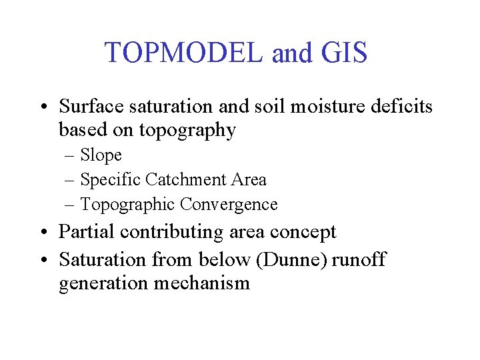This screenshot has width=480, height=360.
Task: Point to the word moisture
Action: click(323, 106)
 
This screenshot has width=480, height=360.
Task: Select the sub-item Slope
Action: click(101, 155)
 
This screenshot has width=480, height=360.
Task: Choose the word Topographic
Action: click(127, 205)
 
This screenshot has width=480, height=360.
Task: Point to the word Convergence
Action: click(229, 205)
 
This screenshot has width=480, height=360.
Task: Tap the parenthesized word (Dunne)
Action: click(293, 259)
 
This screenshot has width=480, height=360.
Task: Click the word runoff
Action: click(359, 259)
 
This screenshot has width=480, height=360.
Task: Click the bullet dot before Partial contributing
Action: click(42, 233)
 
